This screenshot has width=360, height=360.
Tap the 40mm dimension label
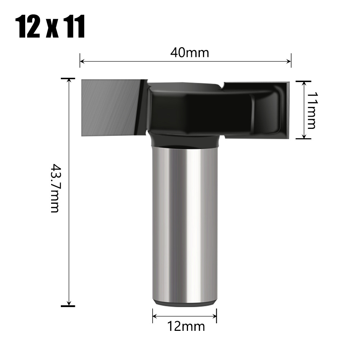(x=189, y=53)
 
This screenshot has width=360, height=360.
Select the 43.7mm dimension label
(x=54, y=188)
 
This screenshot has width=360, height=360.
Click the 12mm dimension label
(x=186, y=327)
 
